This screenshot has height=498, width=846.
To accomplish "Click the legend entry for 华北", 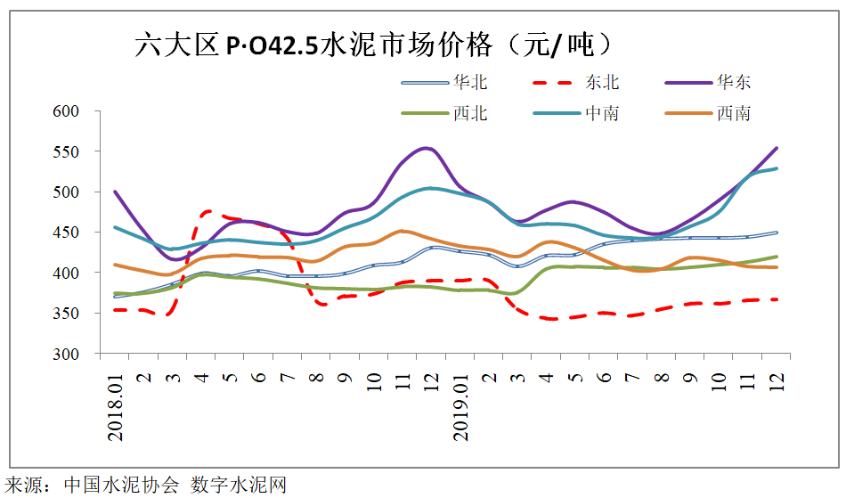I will click(x=469, y=83).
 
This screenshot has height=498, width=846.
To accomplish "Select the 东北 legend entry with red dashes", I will click(x=602, y=83).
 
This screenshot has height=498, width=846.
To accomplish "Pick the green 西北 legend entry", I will click(x=469, y=113).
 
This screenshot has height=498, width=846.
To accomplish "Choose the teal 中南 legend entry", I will click(x=602, y=113).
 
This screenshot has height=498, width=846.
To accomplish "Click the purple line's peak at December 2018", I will click(x=429, y=148).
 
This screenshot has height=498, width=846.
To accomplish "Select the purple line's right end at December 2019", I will click(x=777, y=148).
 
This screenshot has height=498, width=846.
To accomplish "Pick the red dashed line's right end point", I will click(x=777, y=299).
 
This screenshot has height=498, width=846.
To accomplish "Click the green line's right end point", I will click(x=777, y=257).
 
